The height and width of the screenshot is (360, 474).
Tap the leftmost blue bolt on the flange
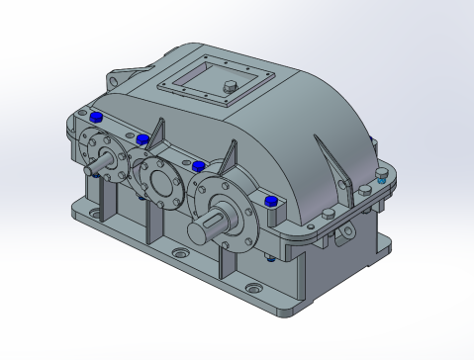click(96, 118)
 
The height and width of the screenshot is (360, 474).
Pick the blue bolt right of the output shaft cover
click(271, 202)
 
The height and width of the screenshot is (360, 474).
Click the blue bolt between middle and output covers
click(198, 164)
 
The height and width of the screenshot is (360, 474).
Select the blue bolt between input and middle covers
click(142, 138)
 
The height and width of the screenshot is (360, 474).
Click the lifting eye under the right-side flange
click(343, 233)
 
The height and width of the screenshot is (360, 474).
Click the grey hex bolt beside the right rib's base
click(365, 187)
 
